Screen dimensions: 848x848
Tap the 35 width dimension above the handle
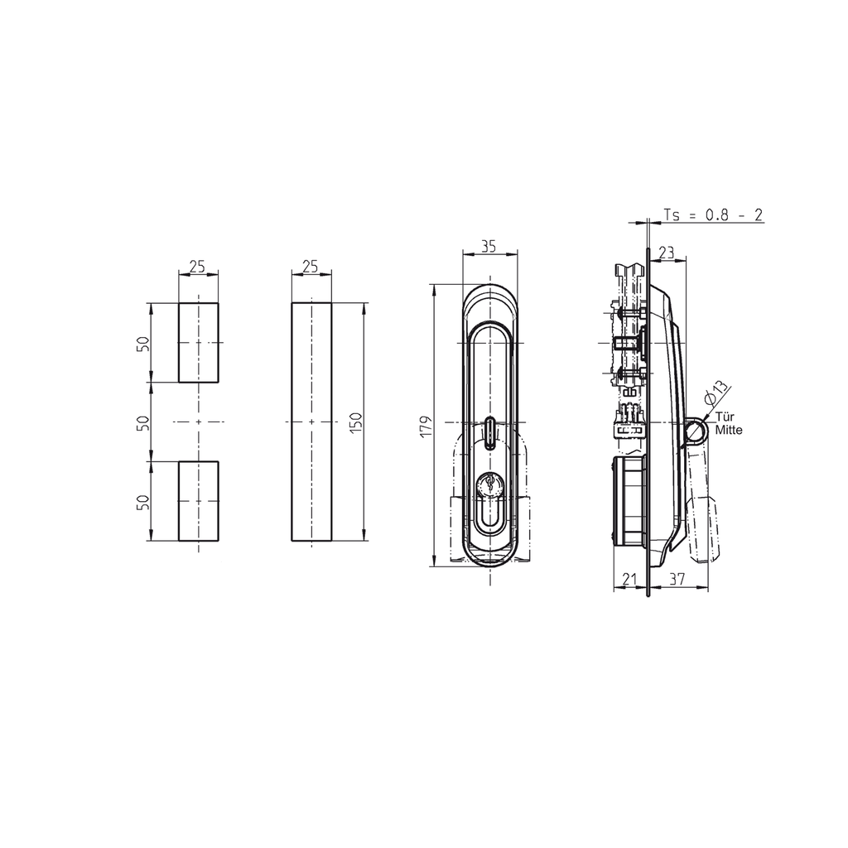(x=488, y=246)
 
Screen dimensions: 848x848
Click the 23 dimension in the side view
(x=666, y=252)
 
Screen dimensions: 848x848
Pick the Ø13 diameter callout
(x=715, y=392)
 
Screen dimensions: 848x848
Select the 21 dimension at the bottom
(x=629, y=581)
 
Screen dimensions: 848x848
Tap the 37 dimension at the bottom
(x=677, y=581)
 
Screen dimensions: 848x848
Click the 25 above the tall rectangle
(x=311, y=266)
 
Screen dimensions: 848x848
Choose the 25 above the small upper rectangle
(x=198, y=266)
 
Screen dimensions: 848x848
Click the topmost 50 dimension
(x=143, y=343)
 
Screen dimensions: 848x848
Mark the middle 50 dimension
(x=143, y=422)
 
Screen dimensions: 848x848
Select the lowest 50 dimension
(x=143, y=501)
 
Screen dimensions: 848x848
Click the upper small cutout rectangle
(x=199, y=343)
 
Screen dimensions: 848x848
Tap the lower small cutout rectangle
(x=199, y=501)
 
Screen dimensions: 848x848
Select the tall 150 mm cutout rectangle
(x=311, y=422)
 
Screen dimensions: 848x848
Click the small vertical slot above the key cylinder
(x=489, y=432)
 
